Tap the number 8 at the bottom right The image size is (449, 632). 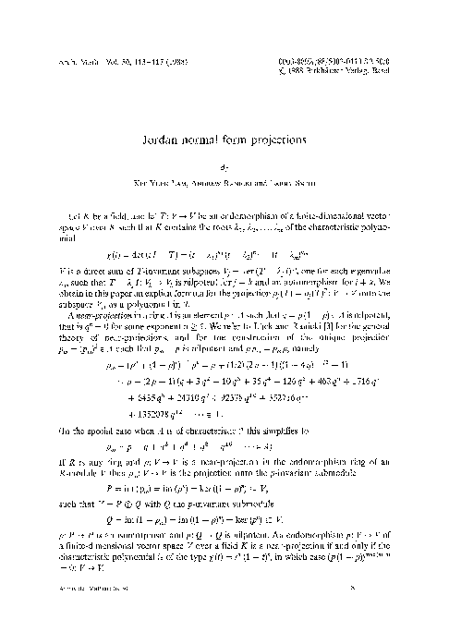point(404,609)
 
